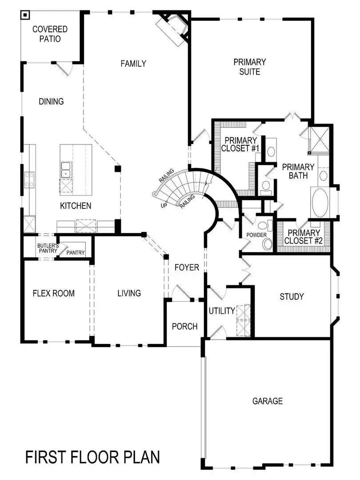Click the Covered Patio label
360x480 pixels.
(x=50, y=34)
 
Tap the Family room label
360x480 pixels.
(x=133, y=64)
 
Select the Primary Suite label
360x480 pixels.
(x=250, y=67)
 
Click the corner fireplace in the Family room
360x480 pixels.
(x=175, y=28)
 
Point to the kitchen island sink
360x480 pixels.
(x=66, y=169)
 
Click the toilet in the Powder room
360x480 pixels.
(x=267, y=243)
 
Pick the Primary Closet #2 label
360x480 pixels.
(x=303, y=237)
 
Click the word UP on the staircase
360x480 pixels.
(x=164, y=206)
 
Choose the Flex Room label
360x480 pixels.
(x=54, y=293)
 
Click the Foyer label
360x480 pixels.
(x=187, y=268)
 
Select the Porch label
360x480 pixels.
(x=184, y=327)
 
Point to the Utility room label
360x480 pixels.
(x=222, y=311)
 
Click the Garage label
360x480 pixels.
(x=267, y=401)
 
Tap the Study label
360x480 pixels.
(x=292, y=296)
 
